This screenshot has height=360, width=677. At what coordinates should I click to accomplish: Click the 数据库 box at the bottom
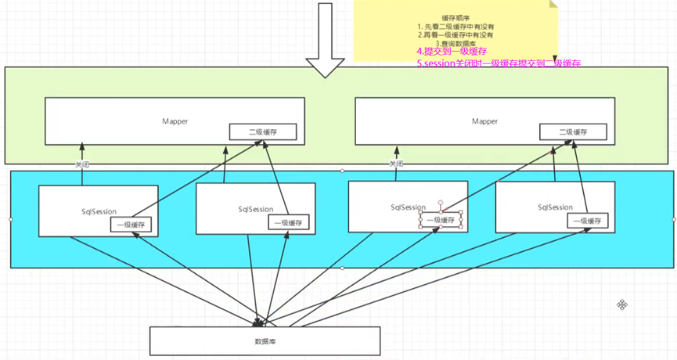pyautogui.click(x=265, y=340)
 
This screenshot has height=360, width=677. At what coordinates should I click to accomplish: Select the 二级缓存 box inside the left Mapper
pyautogui.click(x=262, y=132)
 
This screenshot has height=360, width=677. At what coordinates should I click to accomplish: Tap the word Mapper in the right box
pyautogui.click(x=484, y=121)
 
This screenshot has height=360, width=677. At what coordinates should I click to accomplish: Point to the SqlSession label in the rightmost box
pyautogui.click(x=556, y=207)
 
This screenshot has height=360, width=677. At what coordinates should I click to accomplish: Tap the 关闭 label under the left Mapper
pyautogui.click(x=82, y=165)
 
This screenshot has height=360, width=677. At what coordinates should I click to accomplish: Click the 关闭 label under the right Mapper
pyautogui.click(x=396, y=164)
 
